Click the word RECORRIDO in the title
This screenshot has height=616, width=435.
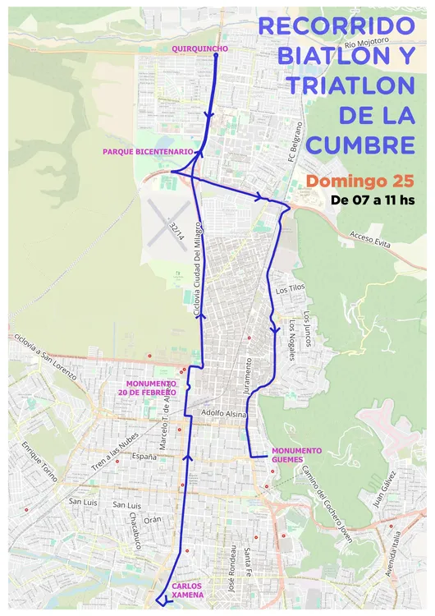337,25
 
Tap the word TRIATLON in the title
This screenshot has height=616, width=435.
347,85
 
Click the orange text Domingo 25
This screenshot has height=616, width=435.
360,180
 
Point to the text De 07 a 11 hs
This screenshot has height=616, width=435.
373,200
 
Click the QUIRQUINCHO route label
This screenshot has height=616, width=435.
199,49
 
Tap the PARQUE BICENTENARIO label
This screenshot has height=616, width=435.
148,152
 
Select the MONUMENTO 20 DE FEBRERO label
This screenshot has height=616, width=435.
151,388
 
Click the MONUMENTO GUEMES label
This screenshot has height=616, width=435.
297,455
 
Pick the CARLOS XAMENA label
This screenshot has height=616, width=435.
188,590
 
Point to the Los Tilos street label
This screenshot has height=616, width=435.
291,290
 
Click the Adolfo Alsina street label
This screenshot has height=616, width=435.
224,415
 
